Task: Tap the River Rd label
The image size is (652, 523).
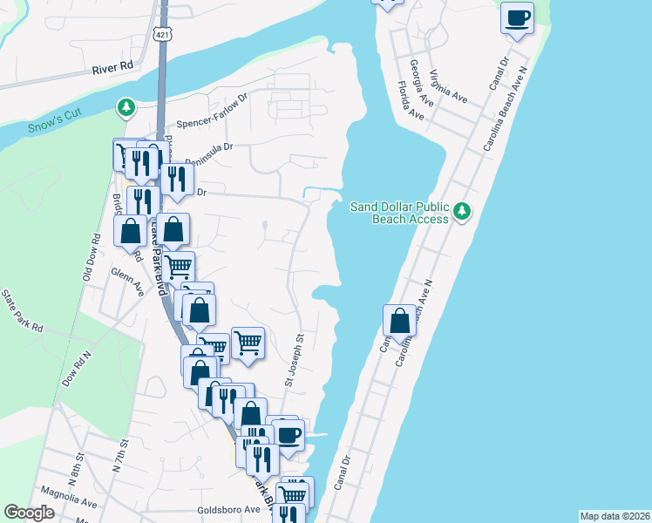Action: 115,65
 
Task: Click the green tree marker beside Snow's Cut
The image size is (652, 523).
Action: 127,107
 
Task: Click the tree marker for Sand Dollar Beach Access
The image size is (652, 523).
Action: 463,211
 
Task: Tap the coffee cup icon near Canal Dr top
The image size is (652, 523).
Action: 518,17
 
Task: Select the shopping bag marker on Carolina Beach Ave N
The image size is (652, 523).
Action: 399,320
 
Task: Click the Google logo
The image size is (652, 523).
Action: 30,513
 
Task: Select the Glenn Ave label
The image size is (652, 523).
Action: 127,282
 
